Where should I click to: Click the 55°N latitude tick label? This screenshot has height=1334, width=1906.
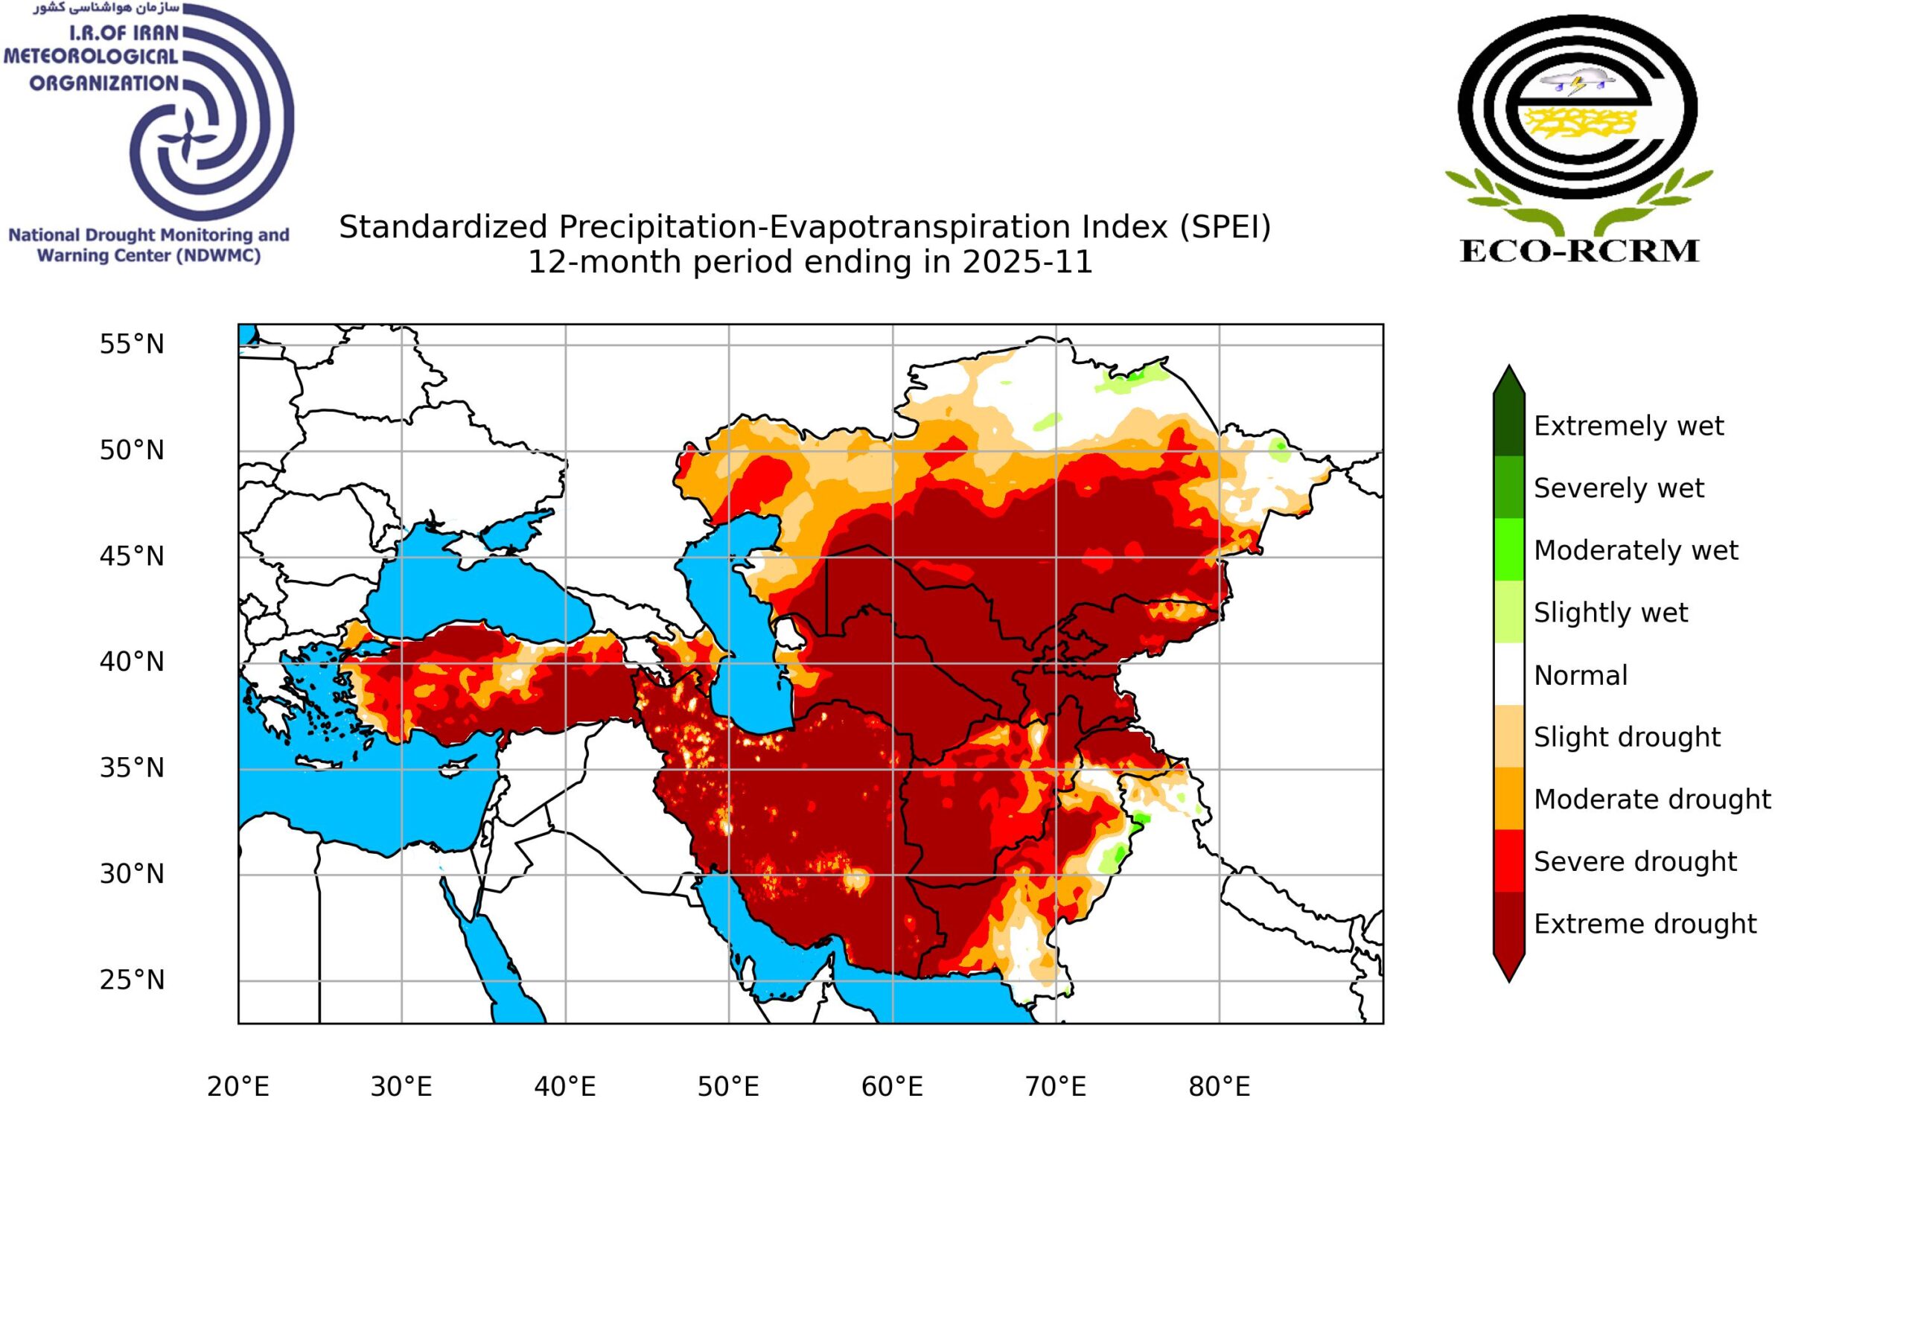point(132,345)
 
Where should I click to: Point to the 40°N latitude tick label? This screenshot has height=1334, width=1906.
point(132,663)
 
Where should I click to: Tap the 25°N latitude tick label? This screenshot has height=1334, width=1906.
point(132,980)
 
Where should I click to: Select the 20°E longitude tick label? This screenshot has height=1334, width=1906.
point(238,1087)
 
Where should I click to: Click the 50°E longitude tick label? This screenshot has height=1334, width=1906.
point(728,1087)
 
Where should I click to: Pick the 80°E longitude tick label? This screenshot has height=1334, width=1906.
point(1219,1087)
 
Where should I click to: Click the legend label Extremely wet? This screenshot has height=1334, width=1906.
point(1628,426)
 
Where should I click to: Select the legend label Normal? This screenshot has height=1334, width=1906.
point(1580,676)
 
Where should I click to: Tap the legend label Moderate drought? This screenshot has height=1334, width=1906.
point(1652,800)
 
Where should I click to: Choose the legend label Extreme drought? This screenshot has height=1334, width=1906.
point(1645,924)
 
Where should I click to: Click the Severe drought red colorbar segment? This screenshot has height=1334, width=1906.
point(1508,861)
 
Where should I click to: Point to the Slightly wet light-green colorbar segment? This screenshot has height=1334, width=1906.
point(1508,612)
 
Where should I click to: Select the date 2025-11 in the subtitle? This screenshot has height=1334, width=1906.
point(1027,262)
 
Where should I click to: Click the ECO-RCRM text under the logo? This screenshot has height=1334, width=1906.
point(1579,251)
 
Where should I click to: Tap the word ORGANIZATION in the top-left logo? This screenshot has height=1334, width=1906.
point(103,83)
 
